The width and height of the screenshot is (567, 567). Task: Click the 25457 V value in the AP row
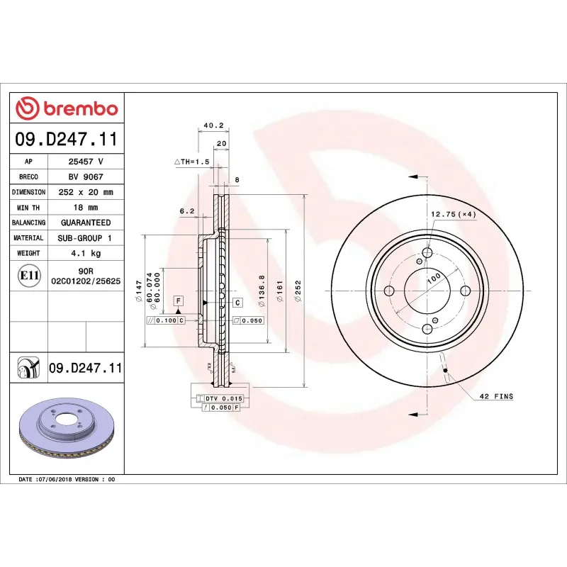point(86,162)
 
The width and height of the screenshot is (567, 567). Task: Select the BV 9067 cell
point(86,177)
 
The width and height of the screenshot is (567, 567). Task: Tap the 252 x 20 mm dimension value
point(86,192)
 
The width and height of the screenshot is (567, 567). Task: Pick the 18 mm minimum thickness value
point(86,208)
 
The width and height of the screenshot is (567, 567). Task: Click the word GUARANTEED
point(86,223)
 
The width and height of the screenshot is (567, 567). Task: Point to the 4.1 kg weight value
point(86,253)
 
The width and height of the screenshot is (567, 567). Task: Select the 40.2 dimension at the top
point(213,125)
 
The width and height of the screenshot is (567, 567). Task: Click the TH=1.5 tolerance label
point(193,162)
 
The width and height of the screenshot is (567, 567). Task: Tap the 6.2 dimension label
point(187,211)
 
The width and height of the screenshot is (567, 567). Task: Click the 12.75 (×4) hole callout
point(453,213)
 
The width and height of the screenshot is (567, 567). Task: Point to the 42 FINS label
point(496,397)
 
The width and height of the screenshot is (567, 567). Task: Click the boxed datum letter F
point(178,301)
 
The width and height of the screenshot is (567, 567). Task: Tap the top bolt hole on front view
point(427,254)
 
